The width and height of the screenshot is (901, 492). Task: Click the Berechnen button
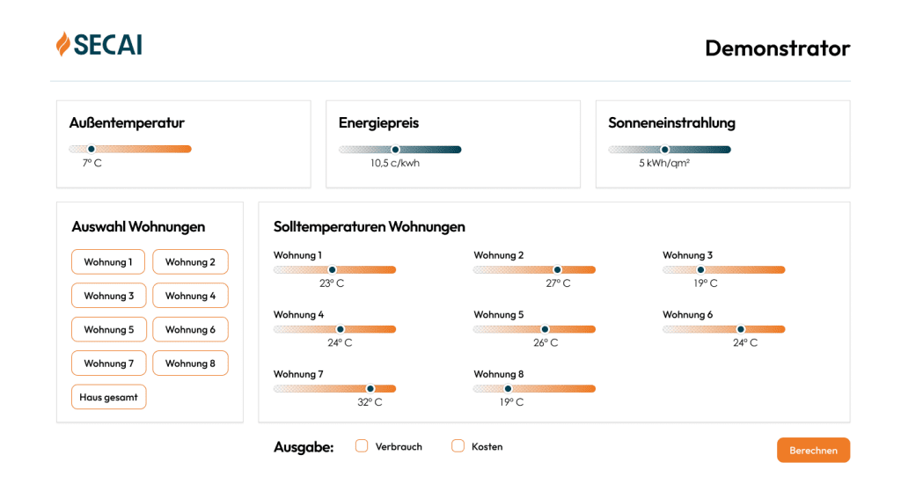point(813,450)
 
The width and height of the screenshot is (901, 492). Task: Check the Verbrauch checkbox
point(362,446)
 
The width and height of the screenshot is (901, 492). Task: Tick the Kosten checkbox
point(458,446)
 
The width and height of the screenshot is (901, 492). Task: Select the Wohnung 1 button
point(108,261)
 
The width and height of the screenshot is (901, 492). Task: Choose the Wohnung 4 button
point(190,296)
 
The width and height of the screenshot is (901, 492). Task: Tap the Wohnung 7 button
point(108,363)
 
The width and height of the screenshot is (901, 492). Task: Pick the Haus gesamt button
point(108,397)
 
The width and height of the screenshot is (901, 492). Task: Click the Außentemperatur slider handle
point(91,149)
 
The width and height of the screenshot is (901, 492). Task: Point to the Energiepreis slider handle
point(395,150)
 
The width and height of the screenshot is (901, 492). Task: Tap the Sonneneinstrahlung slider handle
point(665,150)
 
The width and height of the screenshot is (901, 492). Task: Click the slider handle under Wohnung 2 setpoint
point(557,270)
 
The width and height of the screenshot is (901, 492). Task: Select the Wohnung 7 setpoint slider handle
point(370,388)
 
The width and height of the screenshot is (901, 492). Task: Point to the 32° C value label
point(370,402)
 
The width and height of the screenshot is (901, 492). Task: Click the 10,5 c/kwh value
point(394,163)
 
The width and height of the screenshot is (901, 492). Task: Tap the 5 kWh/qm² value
point(664,163)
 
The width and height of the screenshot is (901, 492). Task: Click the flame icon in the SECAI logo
point(63,44)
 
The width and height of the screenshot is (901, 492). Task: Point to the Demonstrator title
point(777,48)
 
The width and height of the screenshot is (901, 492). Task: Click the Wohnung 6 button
point(190,329)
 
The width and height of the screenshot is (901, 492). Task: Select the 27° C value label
point(558,283)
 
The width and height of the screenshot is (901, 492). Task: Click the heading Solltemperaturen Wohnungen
point(369,227)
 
